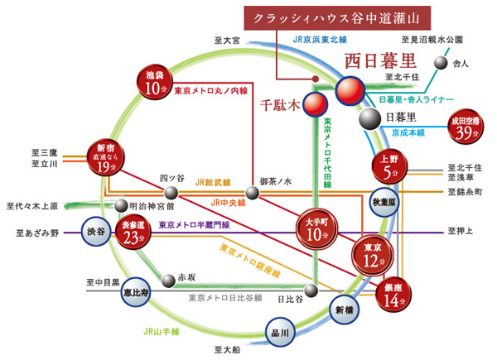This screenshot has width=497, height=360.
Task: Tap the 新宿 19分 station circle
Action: pyautogui.click(x=106, y=157)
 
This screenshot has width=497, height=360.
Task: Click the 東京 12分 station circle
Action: pyautogui.click(x=370, y=257)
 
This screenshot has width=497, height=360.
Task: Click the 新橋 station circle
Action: pyautogui.click(x=344, y=310)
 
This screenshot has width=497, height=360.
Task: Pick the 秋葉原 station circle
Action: pyautogui.click(x=384, y=202)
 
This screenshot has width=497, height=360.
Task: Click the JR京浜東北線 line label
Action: pyautogui.click(x=320, y=38)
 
